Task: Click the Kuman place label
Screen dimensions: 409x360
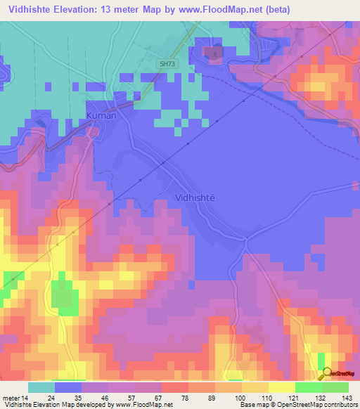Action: [101, 115]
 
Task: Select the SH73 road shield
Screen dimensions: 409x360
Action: [165, 63]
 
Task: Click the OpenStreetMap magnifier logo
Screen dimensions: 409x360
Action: [328, 373]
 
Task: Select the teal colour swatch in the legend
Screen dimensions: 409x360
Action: [41, 387]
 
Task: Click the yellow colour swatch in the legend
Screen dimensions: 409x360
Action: [281, 387]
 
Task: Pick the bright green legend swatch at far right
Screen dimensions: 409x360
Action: [335, 387]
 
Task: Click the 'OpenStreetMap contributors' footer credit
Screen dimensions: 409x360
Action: [311, 405]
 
